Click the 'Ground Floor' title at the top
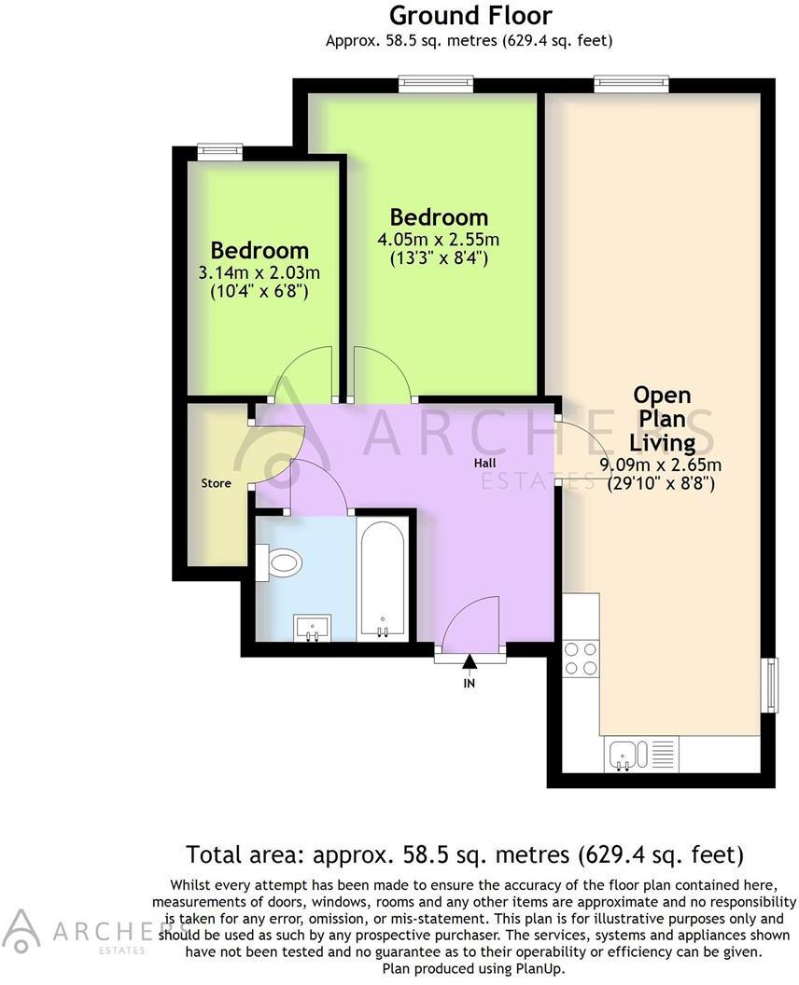tap(470, 16)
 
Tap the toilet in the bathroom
tap(281, 562)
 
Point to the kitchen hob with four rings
tap(581, 659)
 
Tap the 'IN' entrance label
tap(470, 683)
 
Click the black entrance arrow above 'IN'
tap(470, 662)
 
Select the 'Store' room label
tap(217, 483)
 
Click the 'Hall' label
tap(484, 463)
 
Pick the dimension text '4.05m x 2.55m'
tap(439, 240)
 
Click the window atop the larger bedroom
tap(435, 83)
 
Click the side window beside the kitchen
tap(771, 684)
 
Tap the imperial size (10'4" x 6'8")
tap(259, 292)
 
